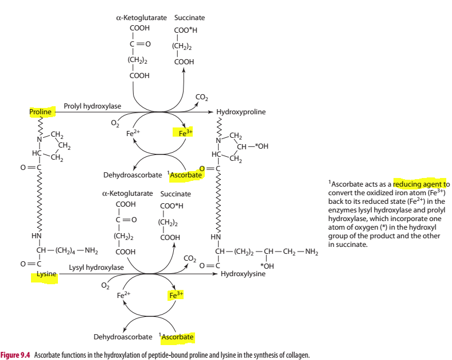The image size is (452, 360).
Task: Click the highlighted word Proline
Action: (41, 111)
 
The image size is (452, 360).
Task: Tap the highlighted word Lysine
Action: (46, 274)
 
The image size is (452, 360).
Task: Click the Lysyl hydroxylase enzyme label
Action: (96, 268)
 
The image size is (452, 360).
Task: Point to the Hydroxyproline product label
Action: (241, 112)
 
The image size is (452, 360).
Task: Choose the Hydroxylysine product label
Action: (243, 274)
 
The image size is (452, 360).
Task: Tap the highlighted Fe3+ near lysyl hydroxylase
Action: (176, 295)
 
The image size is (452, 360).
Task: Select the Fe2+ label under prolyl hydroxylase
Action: (134, 133)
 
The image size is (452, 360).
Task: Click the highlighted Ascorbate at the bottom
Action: (178, 336)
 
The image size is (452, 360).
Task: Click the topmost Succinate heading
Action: (189, 18)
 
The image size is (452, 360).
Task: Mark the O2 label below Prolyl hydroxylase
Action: (115, 122)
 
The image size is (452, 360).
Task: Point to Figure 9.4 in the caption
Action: (15, 355)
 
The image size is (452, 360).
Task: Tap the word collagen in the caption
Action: (296, 355)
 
